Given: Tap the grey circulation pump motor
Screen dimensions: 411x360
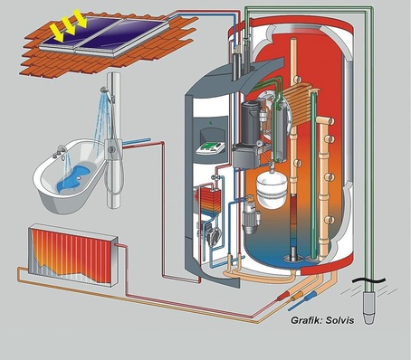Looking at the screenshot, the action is coord(246,216).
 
